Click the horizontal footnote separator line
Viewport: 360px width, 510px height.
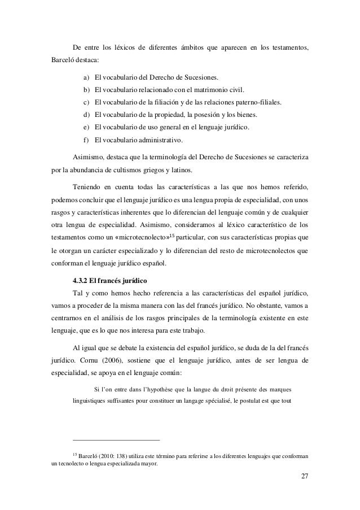click(117, 440)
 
